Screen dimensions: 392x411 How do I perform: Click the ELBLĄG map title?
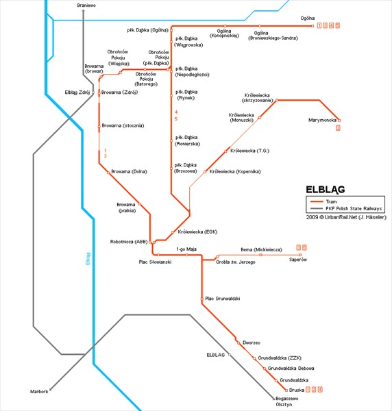pos(326,190)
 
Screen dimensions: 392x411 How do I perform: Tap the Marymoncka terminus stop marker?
pos(339,121)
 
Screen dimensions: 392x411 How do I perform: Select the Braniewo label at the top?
pos(86,5)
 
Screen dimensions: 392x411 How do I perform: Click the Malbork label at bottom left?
pos(39,392)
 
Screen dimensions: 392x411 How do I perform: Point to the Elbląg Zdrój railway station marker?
pos(93,92)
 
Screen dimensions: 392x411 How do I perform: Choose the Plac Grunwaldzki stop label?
pos(223,299)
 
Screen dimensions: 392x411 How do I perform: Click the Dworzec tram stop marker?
pos(238,342)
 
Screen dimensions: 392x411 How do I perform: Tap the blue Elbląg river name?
pos(88,258)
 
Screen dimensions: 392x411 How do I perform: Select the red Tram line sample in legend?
pos(317,201)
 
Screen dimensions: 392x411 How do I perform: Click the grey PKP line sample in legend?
pos(317,209)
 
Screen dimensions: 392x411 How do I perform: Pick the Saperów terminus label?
pos(298,260)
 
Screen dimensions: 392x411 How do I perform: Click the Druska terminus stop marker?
pos(286,390)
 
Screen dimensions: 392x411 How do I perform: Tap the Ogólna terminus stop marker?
pos(313,26)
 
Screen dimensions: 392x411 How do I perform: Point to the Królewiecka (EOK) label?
pos(197,232)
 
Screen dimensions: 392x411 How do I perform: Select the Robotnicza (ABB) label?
pos(129,242)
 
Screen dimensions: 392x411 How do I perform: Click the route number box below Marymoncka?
pos(338,128)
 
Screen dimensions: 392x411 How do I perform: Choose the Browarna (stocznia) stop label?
pos(123,125)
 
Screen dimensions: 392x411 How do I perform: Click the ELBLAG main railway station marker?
pos(230,355)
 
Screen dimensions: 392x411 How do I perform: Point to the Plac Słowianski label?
pos(156,262)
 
